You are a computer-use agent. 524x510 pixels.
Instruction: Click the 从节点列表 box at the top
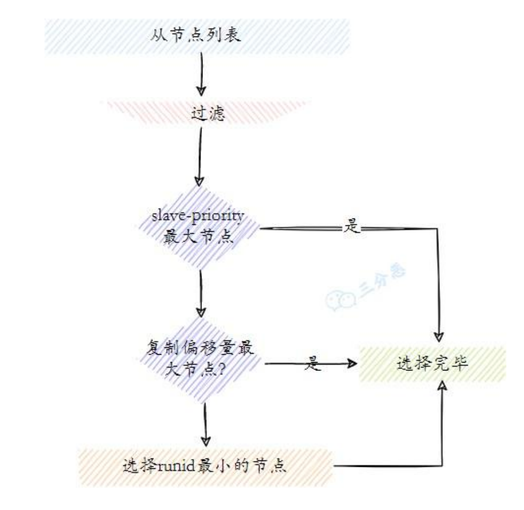click(x=196, y=36)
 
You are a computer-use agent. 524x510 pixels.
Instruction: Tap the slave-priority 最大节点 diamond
click(x=199, y=227)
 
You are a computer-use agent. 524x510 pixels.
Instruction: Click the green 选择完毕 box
click(x=432, y=364)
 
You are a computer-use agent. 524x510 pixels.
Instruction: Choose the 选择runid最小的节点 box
click(x=205, y=466)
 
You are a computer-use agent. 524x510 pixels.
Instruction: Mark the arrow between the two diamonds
click(x=200, y=292)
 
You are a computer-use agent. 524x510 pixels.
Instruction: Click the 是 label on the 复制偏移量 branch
click(x=313, y=364)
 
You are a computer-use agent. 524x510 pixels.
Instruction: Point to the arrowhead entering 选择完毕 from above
click(x=438, y=337)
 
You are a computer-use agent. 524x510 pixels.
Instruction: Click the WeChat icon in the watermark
click(x=338, y=300)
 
